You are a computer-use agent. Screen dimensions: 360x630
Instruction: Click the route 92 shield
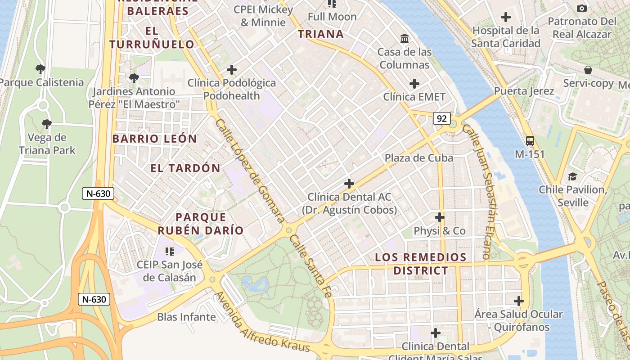coord(442,118)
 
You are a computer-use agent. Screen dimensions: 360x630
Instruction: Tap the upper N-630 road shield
coord(98,193)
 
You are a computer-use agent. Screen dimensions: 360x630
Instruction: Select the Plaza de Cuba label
coord(418,158)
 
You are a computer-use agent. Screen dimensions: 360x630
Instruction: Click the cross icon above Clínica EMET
coord(414,84)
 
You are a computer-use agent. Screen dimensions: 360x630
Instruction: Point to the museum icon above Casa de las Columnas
coord(405,39)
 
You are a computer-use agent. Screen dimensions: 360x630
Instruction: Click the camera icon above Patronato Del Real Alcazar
coord(581,8)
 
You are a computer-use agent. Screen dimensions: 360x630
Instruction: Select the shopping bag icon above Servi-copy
coord(588,70)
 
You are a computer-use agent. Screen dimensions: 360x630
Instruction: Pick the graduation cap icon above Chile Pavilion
coord(572,176)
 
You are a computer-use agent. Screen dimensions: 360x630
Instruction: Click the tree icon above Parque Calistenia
coord(40,69)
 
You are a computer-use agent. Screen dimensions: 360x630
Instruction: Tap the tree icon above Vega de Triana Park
coord(46,124)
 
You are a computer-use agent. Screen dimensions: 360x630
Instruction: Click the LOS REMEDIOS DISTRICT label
coord(421,264)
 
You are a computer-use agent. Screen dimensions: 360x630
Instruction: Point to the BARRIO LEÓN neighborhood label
coord(154,139)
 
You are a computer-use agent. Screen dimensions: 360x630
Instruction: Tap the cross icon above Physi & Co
coord(440,218)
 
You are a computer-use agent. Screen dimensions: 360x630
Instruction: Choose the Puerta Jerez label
coord(524,91)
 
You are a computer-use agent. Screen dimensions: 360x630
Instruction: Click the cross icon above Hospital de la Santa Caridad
coord(506,18)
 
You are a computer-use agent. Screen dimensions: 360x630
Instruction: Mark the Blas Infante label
coord(186,317)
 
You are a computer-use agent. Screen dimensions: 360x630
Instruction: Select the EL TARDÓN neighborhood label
coord(185,168)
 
